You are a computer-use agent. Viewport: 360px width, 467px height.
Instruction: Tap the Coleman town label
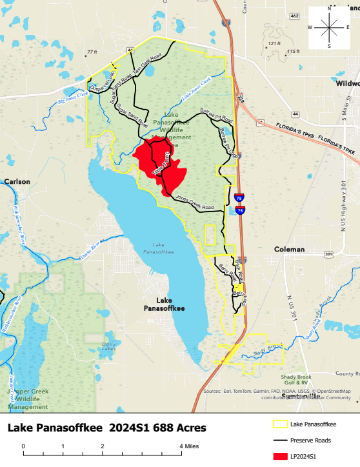(x=289, y=249)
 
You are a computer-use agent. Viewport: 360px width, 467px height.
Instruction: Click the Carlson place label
(x=17, y=182)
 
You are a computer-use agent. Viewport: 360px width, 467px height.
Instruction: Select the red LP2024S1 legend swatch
(x=279, y=457)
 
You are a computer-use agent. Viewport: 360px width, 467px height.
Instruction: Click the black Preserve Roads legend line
(x=279, y=441)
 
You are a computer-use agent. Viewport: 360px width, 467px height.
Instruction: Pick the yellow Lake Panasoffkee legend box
(x=279, y=424)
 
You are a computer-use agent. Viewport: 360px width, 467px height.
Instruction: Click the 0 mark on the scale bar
(x=23, y=446)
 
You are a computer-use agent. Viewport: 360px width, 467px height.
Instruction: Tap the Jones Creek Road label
(x=194, y=204)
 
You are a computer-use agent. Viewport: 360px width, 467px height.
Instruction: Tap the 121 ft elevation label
(x=275, y=43)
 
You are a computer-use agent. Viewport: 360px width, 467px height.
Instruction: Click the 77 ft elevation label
(x=91, y=52)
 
